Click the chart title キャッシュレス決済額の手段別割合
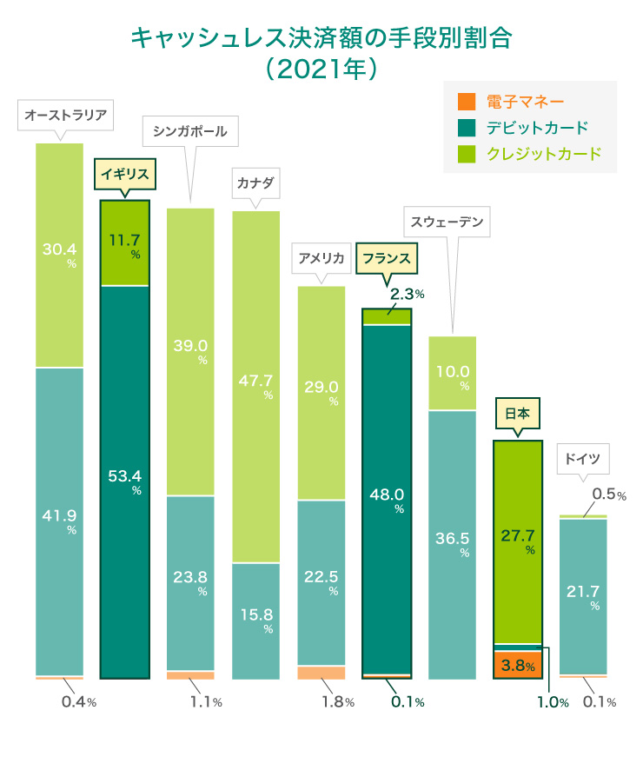[321, 38]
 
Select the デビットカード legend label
[537, 128]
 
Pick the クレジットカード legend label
[543, 154]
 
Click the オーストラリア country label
[65, 115]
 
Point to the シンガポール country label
[189, 132]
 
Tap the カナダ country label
[255, 184]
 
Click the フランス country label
[387, 258]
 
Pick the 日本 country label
[517, 414]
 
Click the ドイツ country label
[581, 458]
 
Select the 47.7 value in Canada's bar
[256, 380]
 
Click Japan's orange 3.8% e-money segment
[517, 667]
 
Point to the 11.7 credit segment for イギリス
[125, 236]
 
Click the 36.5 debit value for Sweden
[452, 537]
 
